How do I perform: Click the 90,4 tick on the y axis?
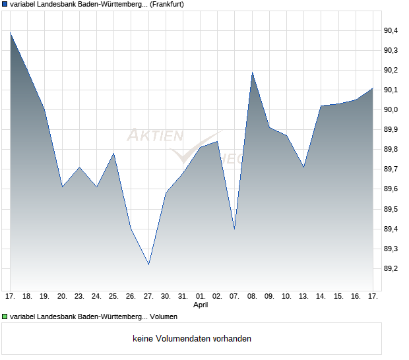click(391, 30)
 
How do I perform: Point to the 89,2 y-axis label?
click(391, 269)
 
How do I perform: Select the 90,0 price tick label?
click(391, 109)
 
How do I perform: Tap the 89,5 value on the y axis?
click(391, 210)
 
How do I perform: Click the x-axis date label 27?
click(148, 296)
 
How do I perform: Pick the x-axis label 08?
click(252, 296)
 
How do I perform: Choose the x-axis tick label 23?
click(79, 296)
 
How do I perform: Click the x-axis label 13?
click(303, 296)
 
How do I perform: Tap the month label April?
click(201, 305)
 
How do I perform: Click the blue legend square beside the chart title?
click(5, 4)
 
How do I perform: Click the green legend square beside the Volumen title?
click(5, 317)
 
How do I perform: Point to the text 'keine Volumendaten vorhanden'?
click(192, 339)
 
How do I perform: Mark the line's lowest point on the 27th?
click(148, 264)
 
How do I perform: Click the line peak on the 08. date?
click(252, 73)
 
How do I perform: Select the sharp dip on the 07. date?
click(235, 229)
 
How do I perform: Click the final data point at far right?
click(373, 88)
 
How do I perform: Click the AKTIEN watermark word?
click(155, 136)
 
